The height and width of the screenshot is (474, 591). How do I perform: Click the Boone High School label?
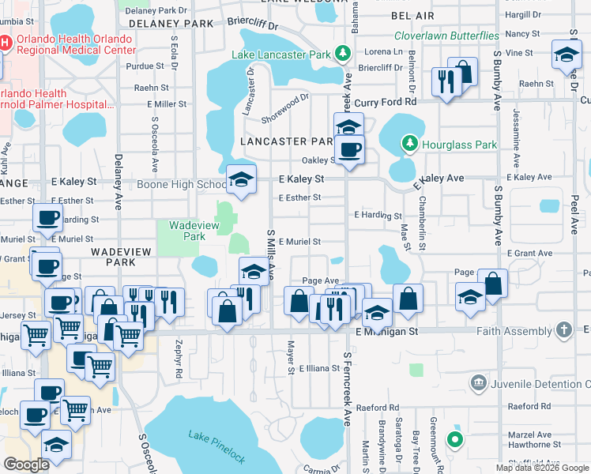[182, 185]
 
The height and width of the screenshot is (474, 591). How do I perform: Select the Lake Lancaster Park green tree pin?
[343, 55]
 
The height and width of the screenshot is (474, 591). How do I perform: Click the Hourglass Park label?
[459, 144]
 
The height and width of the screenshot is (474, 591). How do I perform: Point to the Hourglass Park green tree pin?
[409, 143]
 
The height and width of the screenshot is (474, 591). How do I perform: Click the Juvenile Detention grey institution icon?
[479, 383]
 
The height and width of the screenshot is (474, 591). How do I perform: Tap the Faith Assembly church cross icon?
[563, 328]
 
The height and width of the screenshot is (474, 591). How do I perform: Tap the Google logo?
[26, 465]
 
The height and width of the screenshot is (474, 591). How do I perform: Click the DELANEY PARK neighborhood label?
[168, 24]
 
